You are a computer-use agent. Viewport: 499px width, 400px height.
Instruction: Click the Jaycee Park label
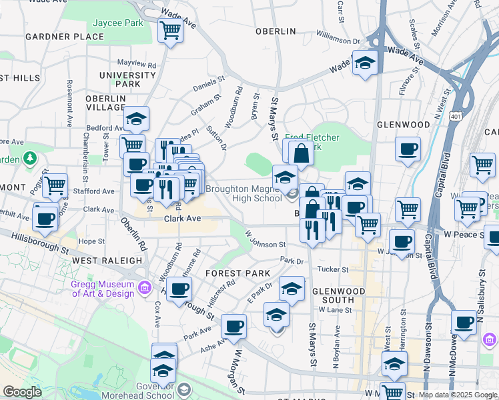[118, 23]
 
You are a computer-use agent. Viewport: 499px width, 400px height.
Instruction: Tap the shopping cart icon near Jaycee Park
[171, 30]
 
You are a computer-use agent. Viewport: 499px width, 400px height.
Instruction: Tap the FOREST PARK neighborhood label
[237, 273]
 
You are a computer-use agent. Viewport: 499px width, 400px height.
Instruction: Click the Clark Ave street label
[183, 218]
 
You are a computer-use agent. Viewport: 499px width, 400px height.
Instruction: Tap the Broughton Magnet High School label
[243, 193]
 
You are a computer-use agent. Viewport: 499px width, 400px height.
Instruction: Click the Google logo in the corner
[23, 392]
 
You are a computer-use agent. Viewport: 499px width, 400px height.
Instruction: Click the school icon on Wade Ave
[365, 63]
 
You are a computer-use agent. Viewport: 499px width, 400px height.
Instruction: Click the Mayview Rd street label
[137, 65]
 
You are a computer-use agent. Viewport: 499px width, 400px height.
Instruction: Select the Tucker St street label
[333, 269]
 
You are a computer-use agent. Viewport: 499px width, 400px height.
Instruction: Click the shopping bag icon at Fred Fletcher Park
[301, 154]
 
